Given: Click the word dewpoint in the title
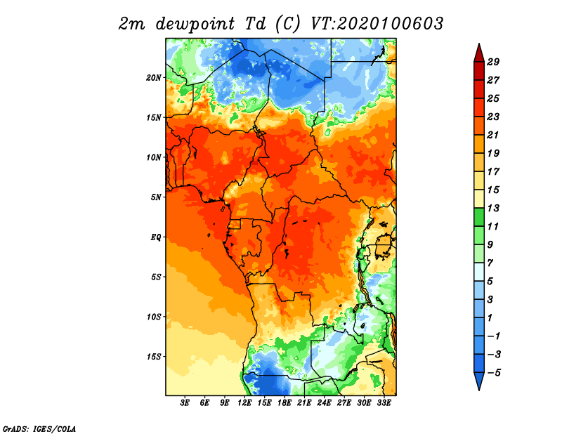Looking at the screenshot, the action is (195, 25).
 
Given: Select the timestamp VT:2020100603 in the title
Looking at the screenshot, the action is (377, 24).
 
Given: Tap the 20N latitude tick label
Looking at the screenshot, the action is (154, 78).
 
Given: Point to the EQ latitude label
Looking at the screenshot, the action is (156, 237).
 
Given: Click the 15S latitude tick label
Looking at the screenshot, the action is (154, 357).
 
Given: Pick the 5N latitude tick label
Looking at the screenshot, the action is (156, 197).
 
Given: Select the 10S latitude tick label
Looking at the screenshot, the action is (154, 317).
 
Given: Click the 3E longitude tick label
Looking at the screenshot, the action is (185, 402).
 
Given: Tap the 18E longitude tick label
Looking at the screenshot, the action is (285, 402).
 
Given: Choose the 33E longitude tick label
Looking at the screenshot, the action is (384, 402).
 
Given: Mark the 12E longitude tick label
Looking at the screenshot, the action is (244, 402).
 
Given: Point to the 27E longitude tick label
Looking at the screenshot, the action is (344, 402).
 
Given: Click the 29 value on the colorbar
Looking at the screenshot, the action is (493, 62).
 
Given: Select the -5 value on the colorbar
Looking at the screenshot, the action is (494, 373).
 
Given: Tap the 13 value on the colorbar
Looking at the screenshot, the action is (493, 208).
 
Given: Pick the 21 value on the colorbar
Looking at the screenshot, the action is (493, 135).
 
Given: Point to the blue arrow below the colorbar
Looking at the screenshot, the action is (479, 381).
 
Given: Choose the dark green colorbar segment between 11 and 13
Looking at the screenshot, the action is (479, 217).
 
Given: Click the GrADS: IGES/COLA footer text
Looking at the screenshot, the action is (39, 428).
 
